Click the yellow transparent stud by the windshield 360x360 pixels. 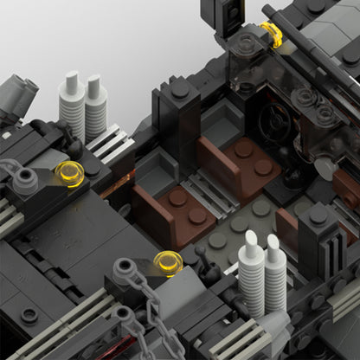(x=272, y=34)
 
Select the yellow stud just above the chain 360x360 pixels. (x=167, y=263)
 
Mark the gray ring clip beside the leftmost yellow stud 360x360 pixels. (x=26, y=179)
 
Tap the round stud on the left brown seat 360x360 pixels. (x=177, y=199)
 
